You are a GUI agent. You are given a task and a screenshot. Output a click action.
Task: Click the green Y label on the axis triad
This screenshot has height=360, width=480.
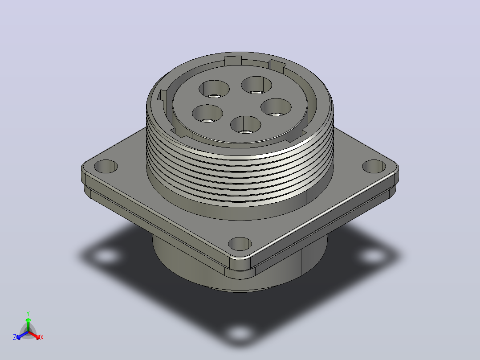(x=28, y=313)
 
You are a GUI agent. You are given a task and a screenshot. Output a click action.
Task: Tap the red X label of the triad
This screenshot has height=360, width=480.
(x=42, y=337)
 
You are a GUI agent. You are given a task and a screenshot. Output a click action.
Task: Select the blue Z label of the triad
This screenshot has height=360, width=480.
(x=15, y=337)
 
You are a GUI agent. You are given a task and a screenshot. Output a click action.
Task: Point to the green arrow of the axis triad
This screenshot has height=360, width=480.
(x=28, y=325)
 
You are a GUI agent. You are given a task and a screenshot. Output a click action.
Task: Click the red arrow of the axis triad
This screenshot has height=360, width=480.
(x=34, y=335)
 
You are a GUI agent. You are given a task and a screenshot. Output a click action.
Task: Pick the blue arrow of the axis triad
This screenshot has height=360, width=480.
(x=22, y=335)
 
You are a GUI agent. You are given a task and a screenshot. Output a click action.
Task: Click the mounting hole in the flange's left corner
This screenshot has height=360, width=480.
(x=106, y=166)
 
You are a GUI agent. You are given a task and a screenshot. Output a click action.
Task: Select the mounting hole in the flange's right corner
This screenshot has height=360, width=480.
(x=374, y=166)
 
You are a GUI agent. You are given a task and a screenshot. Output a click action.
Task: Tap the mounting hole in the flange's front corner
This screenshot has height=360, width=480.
(x=240, y=244)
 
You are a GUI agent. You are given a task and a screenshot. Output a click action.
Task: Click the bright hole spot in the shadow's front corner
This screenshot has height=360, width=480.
(x=240, y=333)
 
